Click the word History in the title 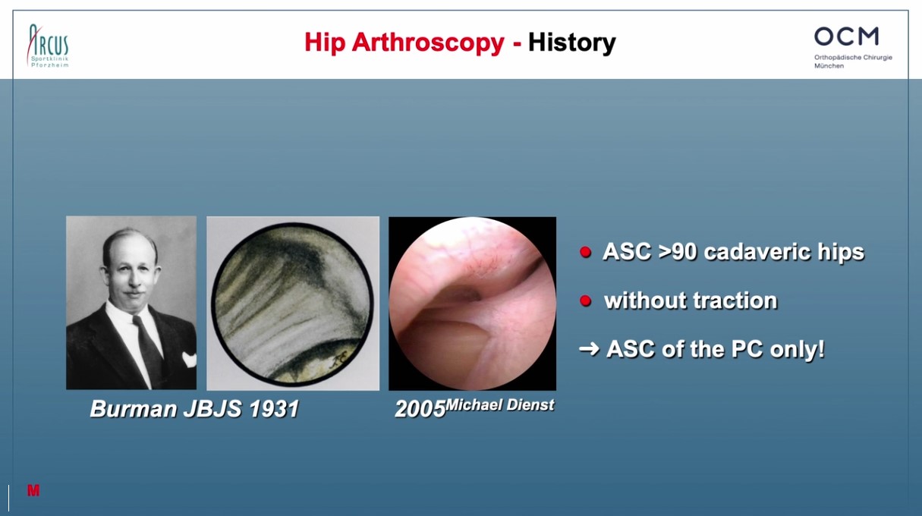tap(571, 42)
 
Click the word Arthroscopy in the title tap(428, 43)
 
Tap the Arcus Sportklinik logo tap(48, 46)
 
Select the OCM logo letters tap(846, 36)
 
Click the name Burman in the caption tap(134, 409)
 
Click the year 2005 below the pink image tap(420, 410)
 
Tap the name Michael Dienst tap(499, 405)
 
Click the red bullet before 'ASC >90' tap(585, 252)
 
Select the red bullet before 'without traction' tap(585, 300)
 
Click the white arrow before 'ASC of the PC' tap(589, 349)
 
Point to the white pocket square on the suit tap(190, 359)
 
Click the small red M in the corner tap(33, 490)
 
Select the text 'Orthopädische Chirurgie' tap(853, 58)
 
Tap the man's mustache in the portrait tap(134, 294)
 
